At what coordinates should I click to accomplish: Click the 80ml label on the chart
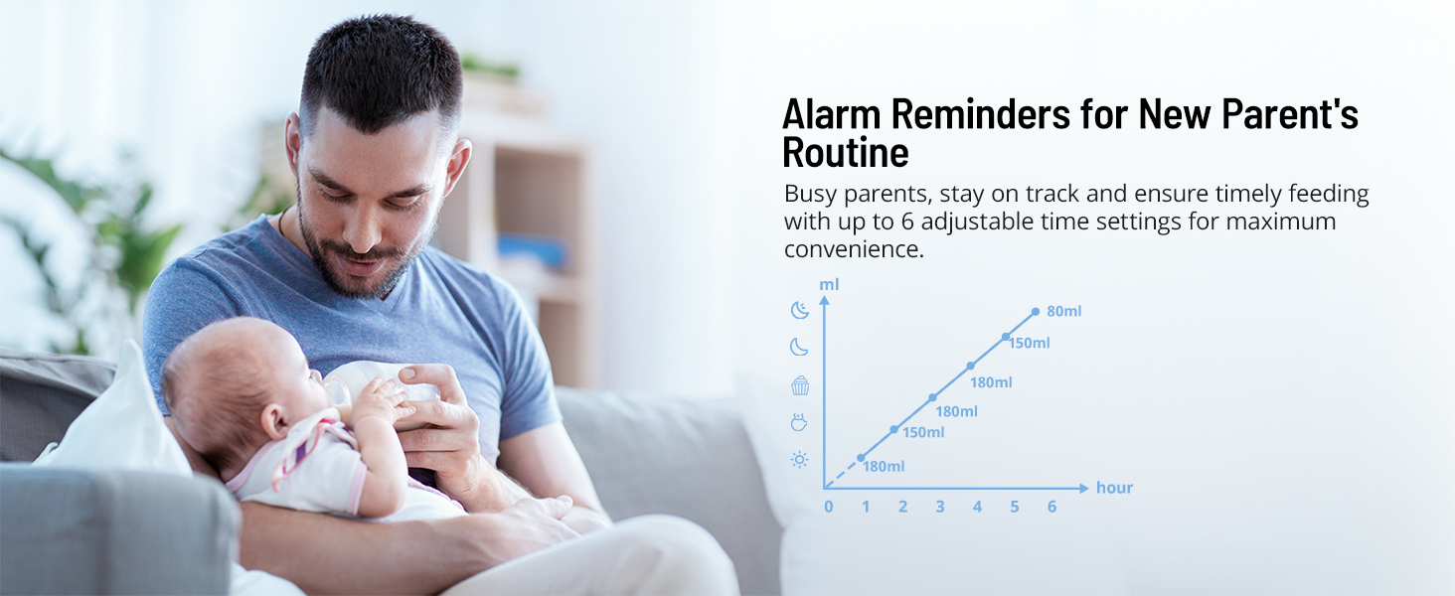pos(1064,311)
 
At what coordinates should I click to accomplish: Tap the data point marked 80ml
pos(1036,312)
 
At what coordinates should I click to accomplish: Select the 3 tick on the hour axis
pos(940,507)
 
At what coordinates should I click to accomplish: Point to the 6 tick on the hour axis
pos(1051,507)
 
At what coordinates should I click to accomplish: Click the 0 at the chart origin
pos(828,507)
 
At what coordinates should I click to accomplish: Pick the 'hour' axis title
pos(1114,488)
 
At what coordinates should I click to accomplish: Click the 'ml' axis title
pos(829,284)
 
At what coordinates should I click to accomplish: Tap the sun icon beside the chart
pos(800,460)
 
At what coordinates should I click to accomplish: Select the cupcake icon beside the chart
pos(800,385)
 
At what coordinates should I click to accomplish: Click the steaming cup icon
pos(799,422)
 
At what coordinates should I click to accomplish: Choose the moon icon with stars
pos(800,310)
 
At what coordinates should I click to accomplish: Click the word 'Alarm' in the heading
pos(831,114)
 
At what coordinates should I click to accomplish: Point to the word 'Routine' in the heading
pos(845,153)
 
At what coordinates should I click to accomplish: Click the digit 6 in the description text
pos(907,222)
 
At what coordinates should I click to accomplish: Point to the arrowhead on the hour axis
pos(1084,488)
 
